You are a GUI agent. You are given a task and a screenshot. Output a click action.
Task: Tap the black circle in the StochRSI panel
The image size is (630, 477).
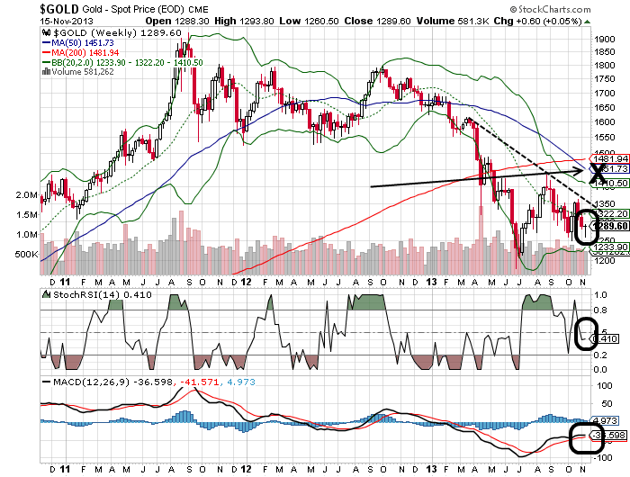coord(587,333)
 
